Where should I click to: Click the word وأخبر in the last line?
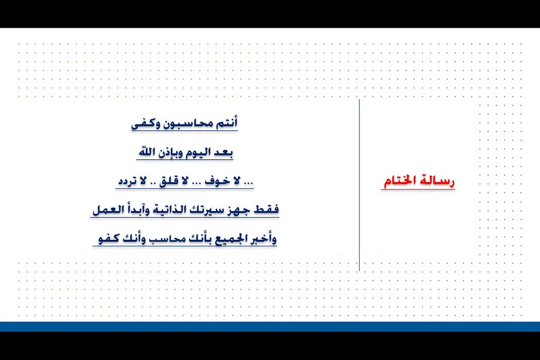click(264, 238)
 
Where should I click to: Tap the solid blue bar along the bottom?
click(270, 327)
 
